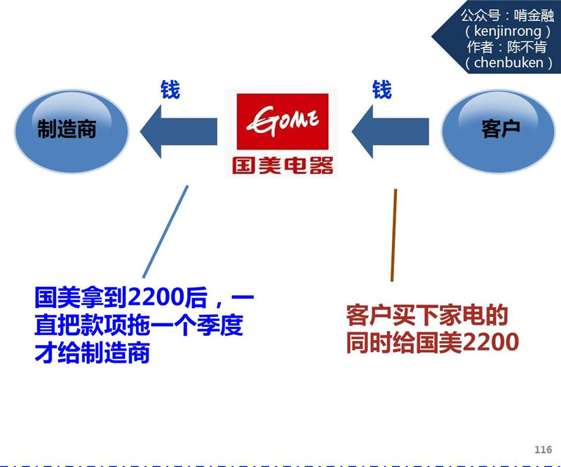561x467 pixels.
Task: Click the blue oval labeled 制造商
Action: (67, 129)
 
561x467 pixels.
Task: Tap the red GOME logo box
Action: (280, 122)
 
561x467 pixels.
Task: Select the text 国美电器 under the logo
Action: (280, 166)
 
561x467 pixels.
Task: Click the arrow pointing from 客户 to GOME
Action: (390, 130)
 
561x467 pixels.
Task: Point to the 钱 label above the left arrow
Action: (170, 90)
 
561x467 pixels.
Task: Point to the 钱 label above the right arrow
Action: (382, 90)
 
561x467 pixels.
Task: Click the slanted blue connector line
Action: (165, 231)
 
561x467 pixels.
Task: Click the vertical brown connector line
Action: (393, 235)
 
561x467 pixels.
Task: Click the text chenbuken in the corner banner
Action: (508, 62)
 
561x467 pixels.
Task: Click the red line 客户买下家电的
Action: (426, 316)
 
